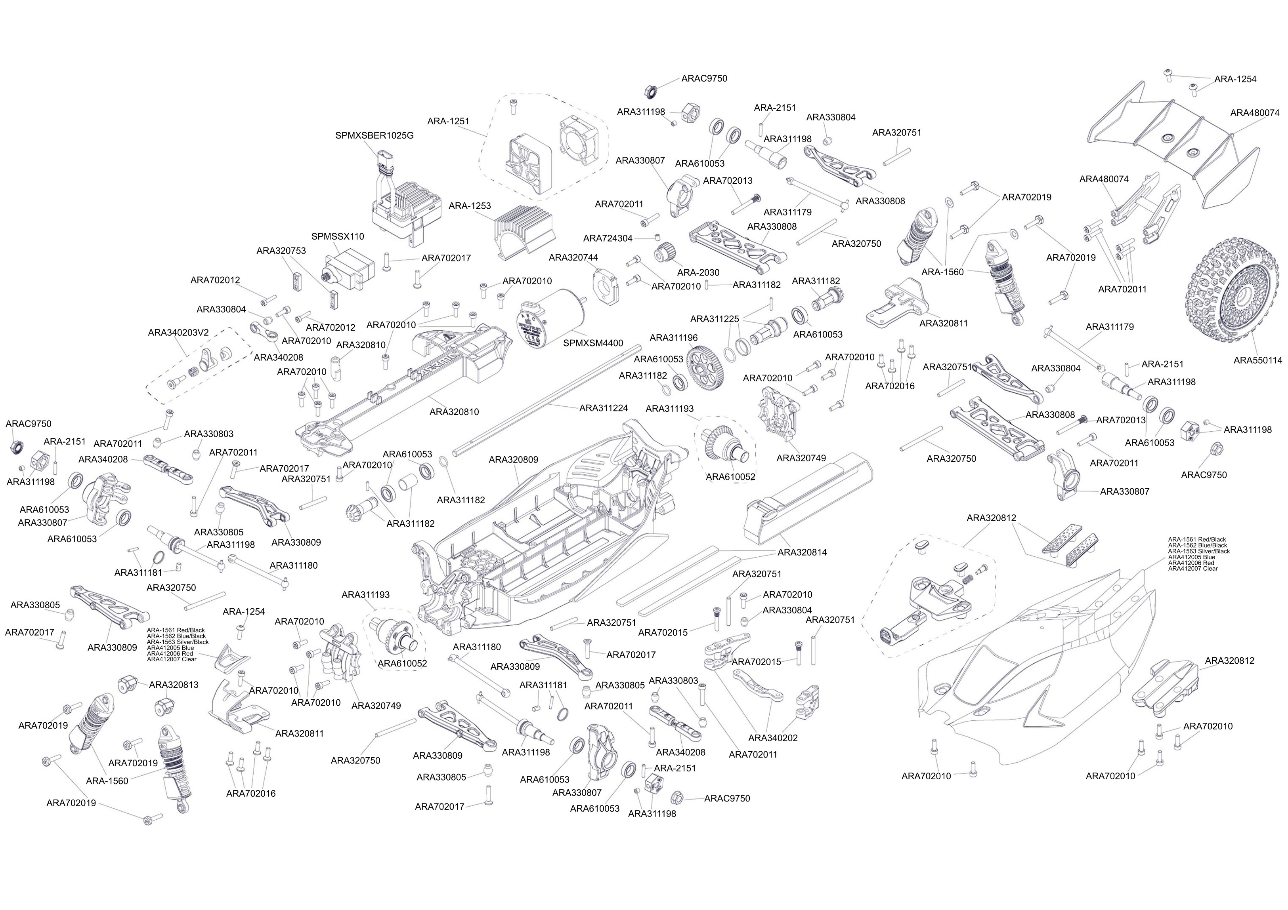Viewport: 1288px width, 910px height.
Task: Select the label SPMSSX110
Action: click(x=338, y=237)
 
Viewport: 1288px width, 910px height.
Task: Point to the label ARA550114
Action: click(x=1258, y=360)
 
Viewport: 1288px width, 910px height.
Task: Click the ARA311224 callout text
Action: click(x=604, y=408)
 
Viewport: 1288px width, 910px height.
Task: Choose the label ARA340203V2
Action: click(x=178, y=333)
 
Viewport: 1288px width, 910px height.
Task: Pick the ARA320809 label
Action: click(x=513, y=460)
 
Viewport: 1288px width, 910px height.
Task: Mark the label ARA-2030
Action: click(x=698, y=272)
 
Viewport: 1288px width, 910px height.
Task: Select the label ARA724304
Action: click(x=608, y=238)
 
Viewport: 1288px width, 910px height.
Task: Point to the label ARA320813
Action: click(x=173, y=685)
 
